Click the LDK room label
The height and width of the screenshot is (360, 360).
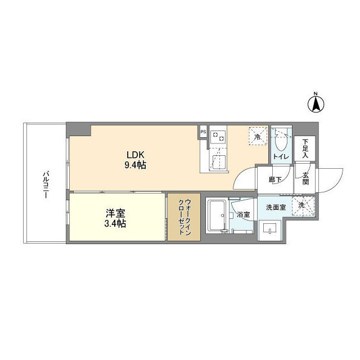pos(136,155)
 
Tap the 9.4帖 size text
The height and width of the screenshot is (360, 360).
pos(136,165)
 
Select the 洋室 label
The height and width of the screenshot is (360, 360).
pos(115,214)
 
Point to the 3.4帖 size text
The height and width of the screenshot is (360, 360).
pos(115,223)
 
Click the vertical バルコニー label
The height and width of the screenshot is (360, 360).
pos(45,184)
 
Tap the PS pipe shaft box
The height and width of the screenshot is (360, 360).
pos(204,132)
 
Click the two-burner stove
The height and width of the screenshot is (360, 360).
pos(218,136)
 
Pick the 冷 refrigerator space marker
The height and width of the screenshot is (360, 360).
pos(258,136)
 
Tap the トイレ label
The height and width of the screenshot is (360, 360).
pos(281,157)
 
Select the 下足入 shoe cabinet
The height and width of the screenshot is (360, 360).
pos(305,148)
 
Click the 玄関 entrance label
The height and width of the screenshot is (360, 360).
pos(305,178)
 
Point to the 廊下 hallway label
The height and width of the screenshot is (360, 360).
pos(275,179)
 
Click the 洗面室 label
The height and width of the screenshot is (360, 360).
pos(276,208)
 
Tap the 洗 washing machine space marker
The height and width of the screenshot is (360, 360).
pos(303,205)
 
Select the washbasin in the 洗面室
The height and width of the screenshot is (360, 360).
pos(270,230)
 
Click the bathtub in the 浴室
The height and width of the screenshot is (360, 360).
pos(217,215)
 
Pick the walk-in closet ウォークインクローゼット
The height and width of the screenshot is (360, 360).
pos(184,217)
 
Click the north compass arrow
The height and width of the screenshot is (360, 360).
pos(316,104)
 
